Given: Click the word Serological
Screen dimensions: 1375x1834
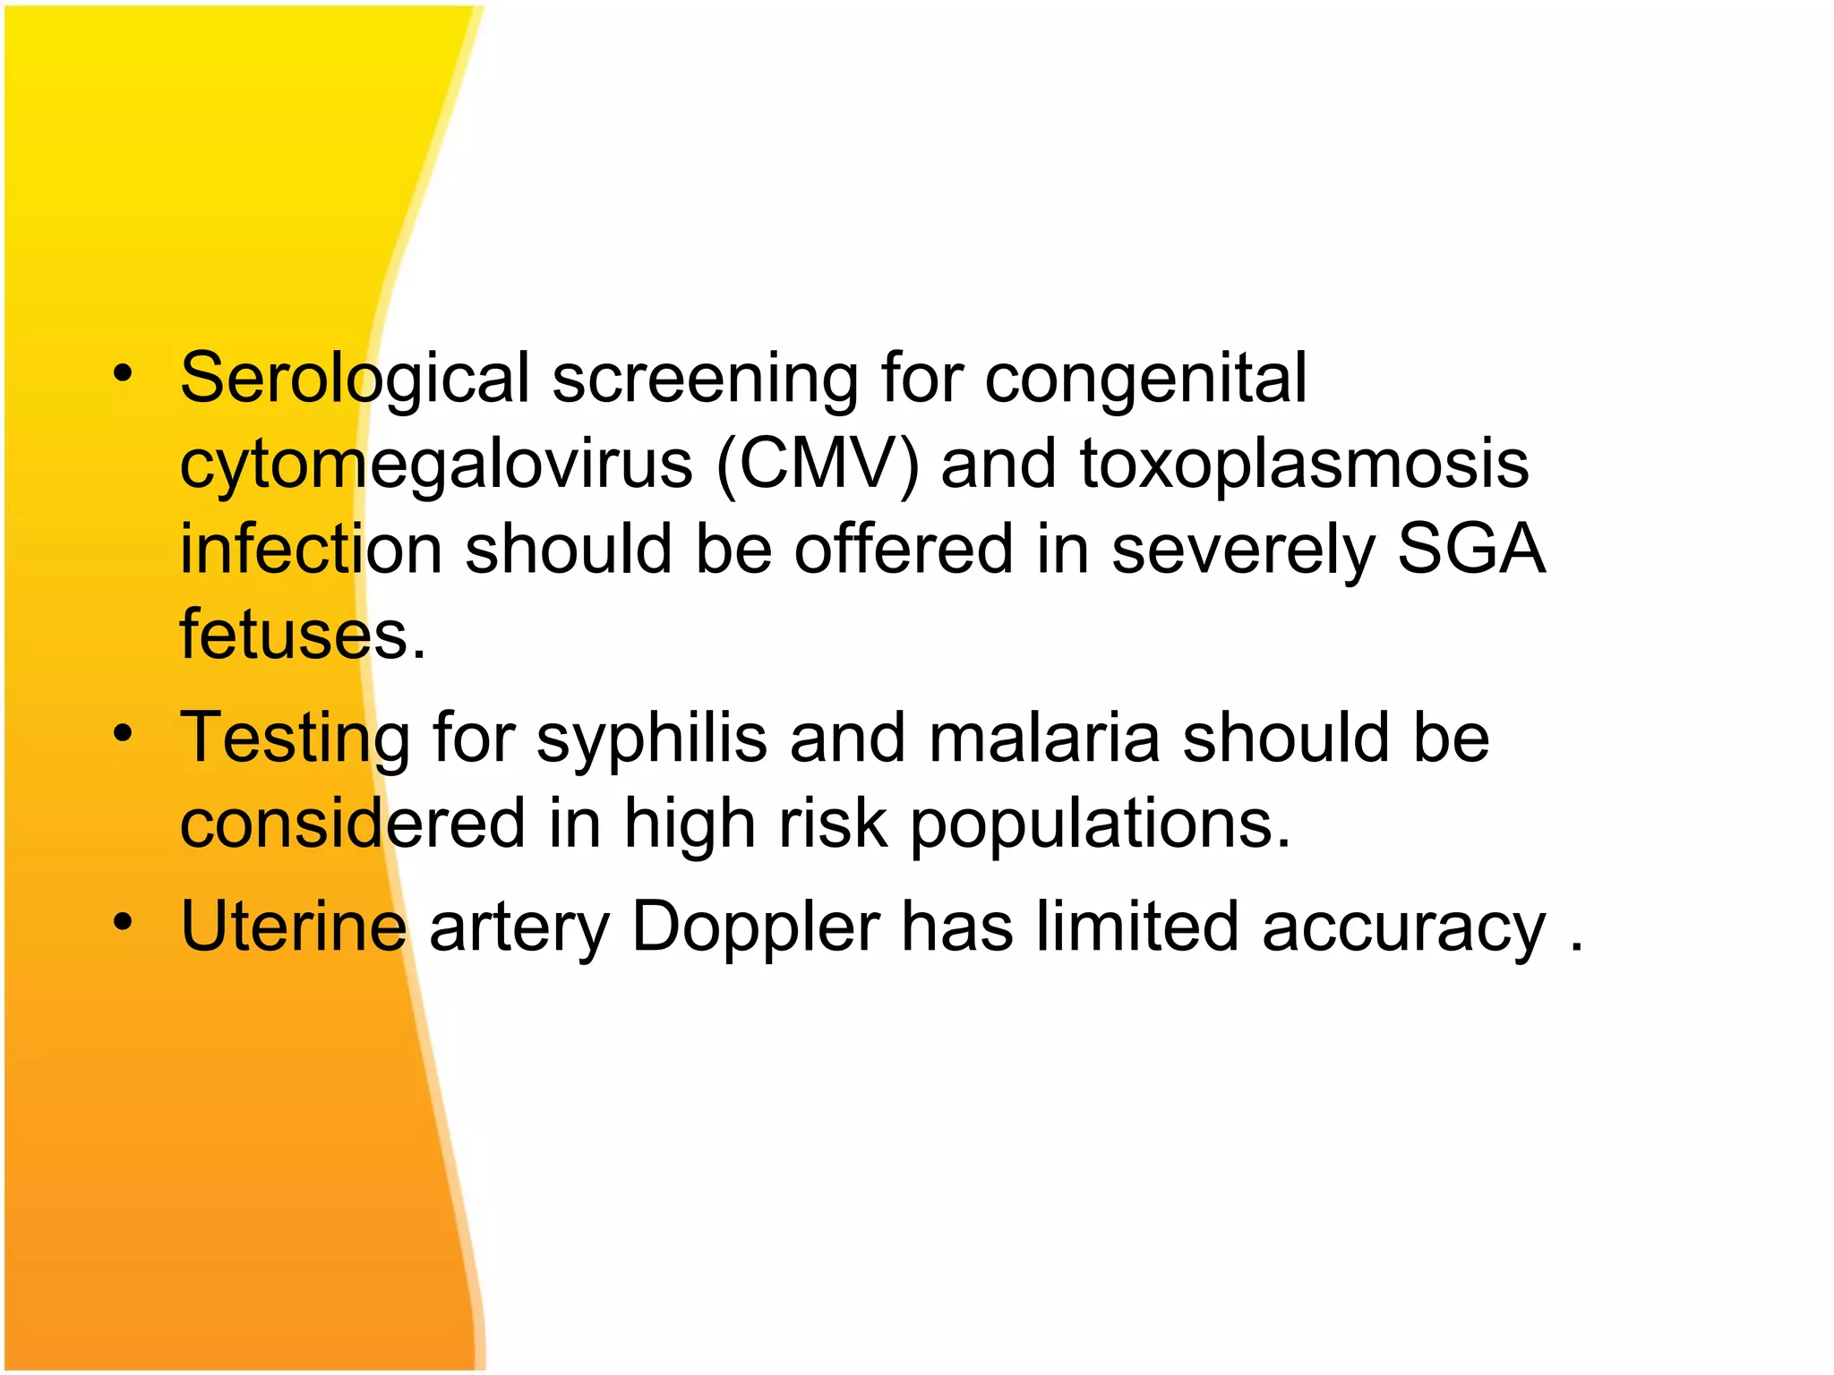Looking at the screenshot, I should click(x=355, y=379).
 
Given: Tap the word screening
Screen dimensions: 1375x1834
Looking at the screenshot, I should click(x=705, y=379).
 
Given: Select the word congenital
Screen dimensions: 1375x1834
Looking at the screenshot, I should click(x=1145, y=379).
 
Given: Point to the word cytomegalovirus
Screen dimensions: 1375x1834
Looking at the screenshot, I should click(x=436, y=465).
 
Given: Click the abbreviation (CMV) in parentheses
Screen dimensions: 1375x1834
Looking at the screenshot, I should click(x=817, y=465).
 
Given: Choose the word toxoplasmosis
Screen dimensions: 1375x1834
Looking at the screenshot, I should click(x=1304, y=465).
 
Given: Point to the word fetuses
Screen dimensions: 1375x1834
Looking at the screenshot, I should click(x=302, y=635).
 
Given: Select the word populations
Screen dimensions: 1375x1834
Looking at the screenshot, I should click(x=1101, y=824).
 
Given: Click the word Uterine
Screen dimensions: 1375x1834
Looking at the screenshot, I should click(x=294, y=927).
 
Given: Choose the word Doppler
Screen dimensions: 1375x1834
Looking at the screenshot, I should click(x=755, y=928).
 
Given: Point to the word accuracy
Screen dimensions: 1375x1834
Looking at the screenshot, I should click(x=1403, y=928).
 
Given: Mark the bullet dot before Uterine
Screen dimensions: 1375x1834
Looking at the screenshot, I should click(x=124, y=922).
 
